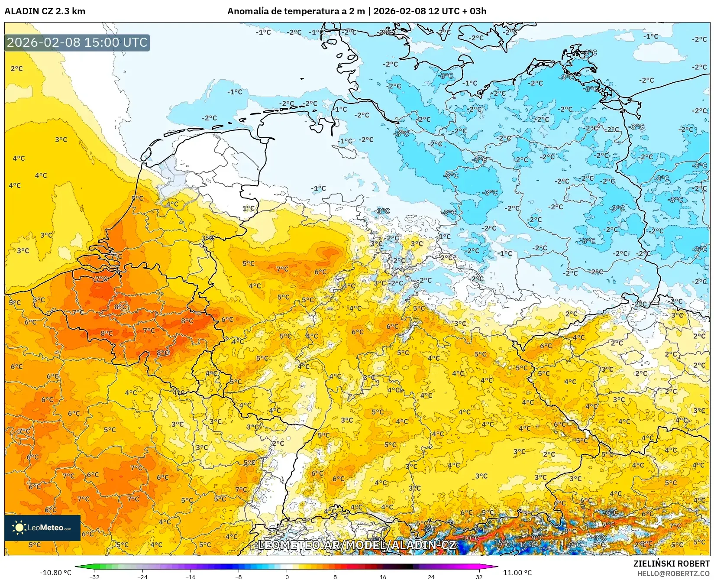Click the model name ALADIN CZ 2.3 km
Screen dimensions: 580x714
click(x=45, y=11)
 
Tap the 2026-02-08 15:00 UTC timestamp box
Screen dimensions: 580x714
click(x=77, y=43)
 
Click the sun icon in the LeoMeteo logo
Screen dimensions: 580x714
click(x=19, y=528)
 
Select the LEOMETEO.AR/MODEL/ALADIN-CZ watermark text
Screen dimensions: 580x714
click(x=356, y=545)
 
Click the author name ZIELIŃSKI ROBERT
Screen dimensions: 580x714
click(x=672, y=564)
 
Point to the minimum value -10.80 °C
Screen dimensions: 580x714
click(x=55, y=573)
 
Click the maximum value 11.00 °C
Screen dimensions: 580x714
click(x=517, y=573)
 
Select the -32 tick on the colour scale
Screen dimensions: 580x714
click(x=94, y=577)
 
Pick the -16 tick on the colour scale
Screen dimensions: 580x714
click(x=191, y=577)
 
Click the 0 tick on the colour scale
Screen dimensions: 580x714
click(x=287, y=577)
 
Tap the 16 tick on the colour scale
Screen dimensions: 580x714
click(x=383, y=577)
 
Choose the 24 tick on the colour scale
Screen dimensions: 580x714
click(x=431, y=577)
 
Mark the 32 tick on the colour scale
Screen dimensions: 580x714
click(x=479, y=577)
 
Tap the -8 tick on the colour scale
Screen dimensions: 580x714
click(x=239, y=577)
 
